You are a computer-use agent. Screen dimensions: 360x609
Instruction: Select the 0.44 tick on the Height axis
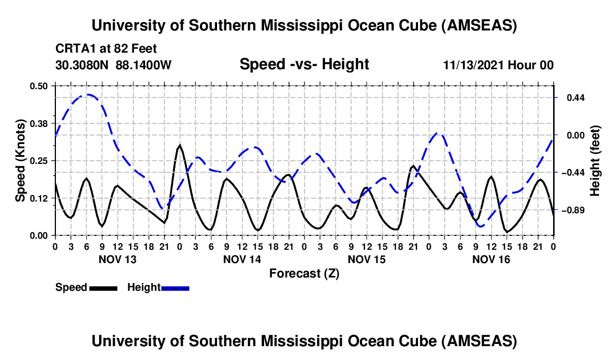pos(572,98)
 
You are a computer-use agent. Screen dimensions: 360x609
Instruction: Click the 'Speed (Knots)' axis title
pos(20,161)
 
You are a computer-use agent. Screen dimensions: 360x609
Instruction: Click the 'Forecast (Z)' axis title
pos(304,273)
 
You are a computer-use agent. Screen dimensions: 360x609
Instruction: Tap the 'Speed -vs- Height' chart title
pos(304,65)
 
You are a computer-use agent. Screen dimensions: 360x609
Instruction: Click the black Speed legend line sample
pos(104,288)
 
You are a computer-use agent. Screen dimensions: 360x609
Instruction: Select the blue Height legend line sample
pos(176,288)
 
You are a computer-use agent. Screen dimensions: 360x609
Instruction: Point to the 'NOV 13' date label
pos(117,259)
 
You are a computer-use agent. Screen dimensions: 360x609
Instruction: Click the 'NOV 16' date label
pos(491,259)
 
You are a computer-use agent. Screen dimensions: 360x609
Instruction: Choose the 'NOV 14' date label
pos(242,259)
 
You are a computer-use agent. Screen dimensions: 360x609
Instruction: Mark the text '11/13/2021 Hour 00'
pos(498,65)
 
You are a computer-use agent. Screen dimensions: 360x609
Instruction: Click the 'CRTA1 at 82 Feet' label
pos(98,49)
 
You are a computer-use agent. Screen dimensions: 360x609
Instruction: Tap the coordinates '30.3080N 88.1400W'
pos(113,65)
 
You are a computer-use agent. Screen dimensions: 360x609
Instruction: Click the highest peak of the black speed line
pos(179,146)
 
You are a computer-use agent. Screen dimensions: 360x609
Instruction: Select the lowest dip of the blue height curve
pos(481,226)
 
